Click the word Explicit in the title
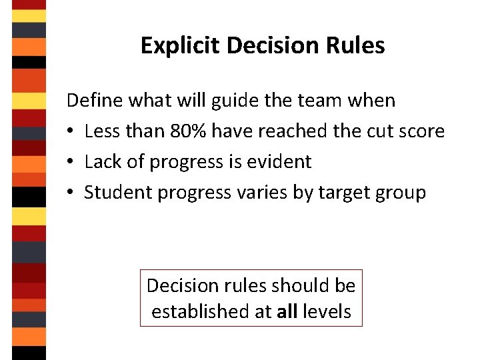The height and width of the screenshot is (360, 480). pyautogui.click(x=181, y=46)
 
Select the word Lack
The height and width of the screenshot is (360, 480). pyautogui.click(x=101, y=162)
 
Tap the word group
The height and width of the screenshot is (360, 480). pyautogui.click(x=401, y=193)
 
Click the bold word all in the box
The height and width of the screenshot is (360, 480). pyautogui.click(x=287, y=311)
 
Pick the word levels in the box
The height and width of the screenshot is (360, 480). pyautogui.click(x=327, y=311)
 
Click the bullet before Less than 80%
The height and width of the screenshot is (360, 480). pyautogui.click(x=71, y=132)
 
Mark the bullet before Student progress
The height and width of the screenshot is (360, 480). pyautogui.click(x=71, y=193)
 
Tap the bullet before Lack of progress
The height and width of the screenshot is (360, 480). pyautogui.click(x=71, y=163)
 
